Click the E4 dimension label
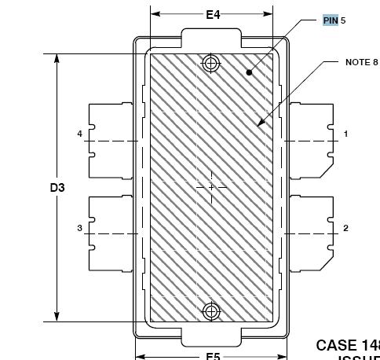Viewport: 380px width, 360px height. click(213, 14)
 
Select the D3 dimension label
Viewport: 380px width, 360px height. click(57, 188)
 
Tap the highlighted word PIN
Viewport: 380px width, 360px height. click(331, 20)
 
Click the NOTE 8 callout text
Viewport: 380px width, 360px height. click(361, 62)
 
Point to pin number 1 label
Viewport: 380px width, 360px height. click(345, 134)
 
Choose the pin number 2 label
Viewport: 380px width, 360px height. click(345, 229)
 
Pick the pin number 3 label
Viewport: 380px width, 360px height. click(79, 229)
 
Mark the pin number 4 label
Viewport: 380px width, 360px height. click(79, 134)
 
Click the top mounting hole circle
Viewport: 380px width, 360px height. click(210, 64)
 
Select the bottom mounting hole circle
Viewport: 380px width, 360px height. click(210, 311)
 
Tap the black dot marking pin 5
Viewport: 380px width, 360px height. click(249, 72)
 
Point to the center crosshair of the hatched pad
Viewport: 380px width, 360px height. click(210, 187)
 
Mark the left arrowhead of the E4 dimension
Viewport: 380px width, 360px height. click(155, 14)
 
